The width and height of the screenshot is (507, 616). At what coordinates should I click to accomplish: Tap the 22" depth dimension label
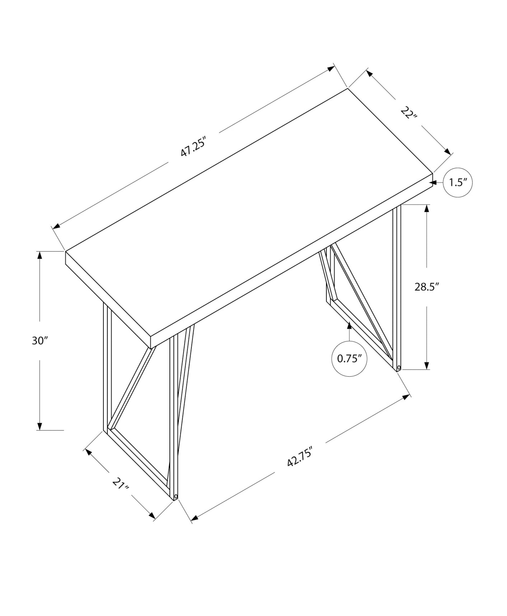(x=409, y=113)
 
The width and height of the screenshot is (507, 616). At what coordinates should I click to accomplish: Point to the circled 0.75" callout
(x=349, y=358)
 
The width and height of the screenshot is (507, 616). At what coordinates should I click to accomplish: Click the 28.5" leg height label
(x=426, y=287)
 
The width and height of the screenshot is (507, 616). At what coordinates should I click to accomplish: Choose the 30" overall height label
(x=40, y=341)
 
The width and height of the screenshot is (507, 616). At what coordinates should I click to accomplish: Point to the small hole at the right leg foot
(x=399, y=367)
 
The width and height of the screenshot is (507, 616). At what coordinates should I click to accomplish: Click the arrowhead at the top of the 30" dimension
(x=39, y=255)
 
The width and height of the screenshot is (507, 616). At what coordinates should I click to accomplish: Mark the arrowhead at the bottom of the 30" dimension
(x=39, y=426)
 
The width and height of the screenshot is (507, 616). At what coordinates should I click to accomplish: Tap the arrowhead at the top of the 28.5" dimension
(x=426, y=209)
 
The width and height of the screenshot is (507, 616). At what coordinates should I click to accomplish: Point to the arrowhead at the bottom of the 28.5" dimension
(x=426, y=365)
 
